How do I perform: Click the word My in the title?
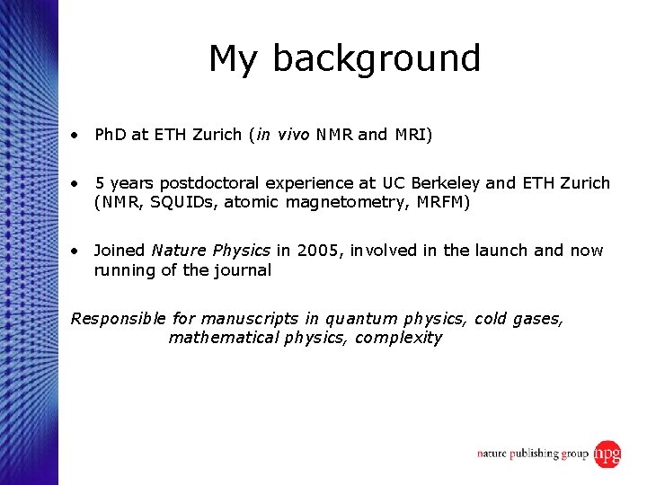(235, 59)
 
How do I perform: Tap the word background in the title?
(377, 59)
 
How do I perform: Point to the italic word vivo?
(293, 136)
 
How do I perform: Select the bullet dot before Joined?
(79, 251)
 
